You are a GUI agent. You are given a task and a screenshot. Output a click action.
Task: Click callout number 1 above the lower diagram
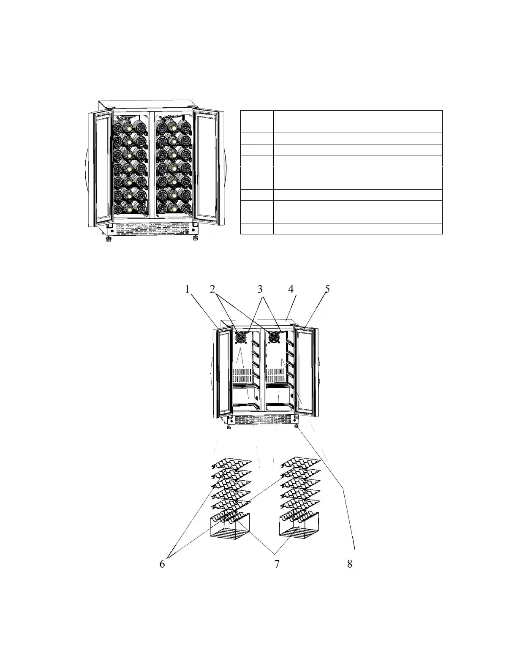187,289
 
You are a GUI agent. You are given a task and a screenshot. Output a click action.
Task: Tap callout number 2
212,289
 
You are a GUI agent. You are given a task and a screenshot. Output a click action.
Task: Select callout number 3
260,289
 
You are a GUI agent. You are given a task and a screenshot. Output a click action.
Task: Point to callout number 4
291,289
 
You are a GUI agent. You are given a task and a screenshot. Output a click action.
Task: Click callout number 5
327,289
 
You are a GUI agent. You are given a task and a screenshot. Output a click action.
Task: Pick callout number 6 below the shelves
162,564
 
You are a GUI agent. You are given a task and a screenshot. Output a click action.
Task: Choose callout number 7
277,564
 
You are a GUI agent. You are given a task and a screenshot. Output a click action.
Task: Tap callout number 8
349,564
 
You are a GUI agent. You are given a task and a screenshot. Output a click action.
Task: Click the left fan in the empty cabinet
241,338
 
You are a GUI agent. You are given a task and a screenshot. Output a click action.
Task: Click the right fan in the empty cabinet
274,337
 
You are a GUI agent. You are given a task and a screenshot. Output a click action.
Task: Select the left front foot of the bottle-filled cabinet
108,239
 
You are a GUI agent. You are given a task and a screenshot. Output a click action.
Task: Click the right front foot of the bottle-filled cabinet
196,239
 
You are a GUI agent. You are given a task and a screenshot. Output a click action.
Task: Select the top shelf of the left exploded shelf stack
231,464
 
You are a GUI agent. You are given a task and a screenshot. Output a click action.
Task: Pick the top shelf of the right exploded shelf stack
301,463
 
